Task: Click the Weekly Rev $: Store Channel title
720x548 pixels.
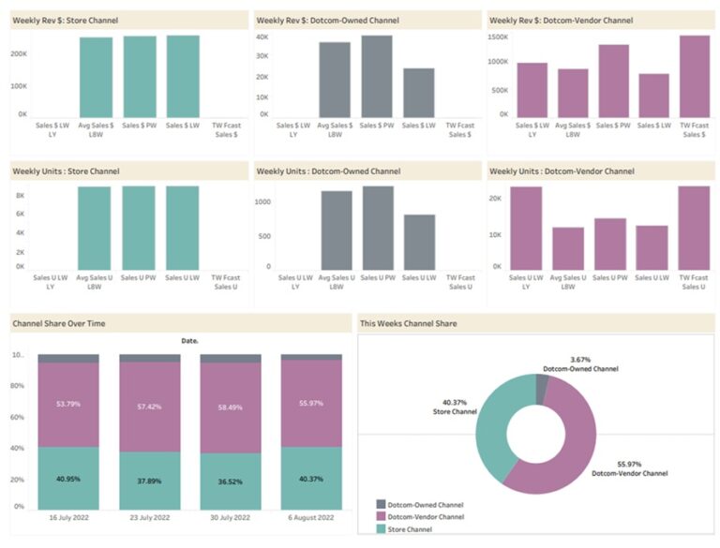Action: [x=65, y=20]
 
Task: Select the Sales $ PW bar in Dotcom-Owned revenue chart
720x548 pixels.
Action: [x=377, y=75]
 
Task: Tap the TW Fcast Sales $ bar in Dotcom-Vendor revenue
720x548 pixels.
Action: [x=695, y=75]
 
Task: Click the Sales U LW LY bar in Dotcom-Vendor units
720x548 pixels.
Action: [x=526, y=228]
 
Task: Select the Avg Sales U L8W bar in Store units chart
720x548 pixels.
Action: [x=94, y=228]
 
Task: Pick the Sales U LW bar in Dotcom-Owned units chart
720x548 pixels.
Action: [x=419, y=242]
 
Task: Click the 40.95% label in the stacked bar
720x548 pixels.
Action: [x=67, y=479]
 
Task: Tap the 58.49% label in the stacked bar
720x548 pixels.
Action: [x=230, y=407]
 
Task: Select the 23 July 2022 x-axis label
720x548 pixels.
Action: [x=149, y=518]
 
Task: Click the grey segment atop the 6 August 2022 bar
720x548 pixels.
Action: [x=311, y=357]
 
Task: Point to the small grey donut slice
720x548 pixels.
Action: [x=541, y=388]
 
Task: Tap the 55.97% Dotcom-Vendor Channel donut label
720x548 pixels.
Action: [x=629, y=468]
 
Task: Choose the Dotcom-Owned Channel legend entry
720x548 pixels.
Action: [x=425, y=504]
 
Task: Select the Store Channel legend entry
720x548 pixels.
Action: [x=412, y=528]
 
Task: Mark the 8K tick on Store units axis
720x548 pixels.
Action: [x=20, y=195]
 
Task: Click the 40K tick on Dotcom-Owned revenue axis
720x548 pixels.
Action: [x=262, y=37]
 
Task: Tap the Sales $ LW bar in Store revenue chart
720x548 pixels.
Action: [x=183, y=75]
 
